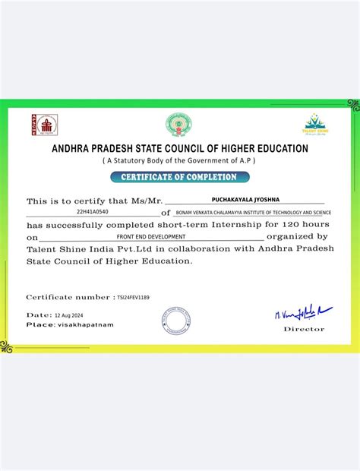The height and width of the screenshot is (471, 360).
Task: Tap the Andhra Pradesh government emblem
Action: coord(179,125)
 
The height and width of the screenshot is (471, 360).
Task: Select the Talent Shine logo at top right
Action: coord(315,124)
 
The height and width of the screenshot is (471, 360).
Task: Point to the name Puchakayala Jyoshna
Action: coord(244,199)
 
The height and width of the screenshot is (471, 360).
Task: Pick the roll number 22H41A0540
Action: coord(92,212)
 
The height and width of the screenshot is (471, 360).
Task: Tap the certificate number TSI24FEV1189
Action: coord(133,297)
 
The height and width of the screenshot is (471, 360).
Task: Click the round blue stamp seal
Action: coord(175,320)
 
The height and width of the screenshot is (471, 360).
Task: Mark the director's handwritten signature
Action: coord(302,311)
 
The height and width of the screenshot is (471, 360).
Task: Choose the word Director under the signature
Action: coord(304,329)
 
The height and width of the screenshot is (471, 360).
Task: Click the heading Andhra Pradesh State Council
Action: coord(179,149)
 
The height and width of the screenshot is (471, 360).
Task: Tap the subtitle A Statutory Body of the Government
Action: coord(179,161)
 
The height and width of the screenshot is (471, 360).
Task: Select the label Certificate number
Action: coord(68,297)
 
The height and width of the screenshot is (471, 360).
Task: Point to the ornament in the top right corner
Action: coord(352,103)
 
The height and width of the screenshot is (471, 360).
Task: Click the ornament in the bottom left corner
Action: coord(7,346)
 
